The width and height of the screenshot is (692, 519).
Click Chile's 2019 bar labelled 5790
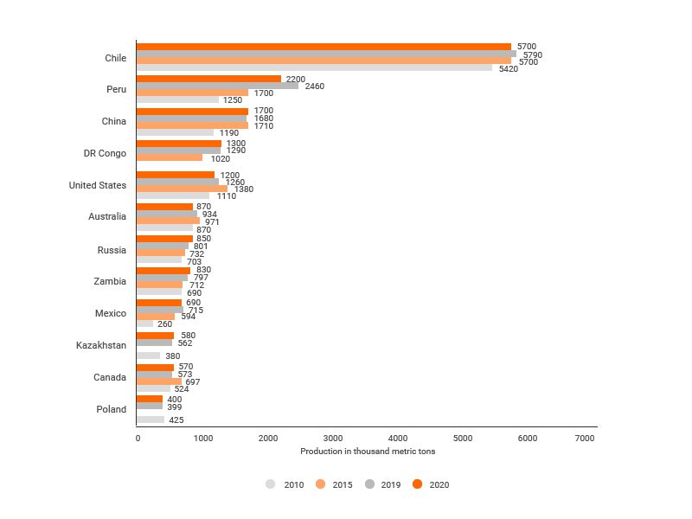coord(326,54)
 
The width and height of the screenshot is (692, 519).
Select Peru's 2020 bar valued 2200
coord(208,78)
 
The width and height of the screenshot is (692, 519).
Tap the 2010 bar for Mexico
coord(144,324)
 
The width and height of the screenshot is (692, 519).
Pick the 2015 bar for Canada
coord(159,381)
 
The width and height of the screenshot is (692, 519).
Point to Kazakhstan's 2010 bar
coord(148,356)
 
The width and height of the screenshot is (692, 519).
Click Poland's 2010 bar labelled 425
coord(151,420)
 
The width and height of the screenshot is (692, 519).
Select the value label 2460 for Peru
coord(313,86)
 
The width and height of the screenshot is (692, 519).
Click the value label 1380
coord(244,189)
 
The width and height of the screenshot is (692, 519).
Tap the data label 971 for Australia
coord(213,221)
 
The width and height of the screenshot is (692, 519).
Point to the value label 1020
coord(221,158)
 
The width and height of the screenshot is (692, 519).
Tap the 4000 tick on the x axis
coord(398,439)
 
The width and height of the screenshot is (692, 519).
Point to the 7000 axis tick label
coord(584,439)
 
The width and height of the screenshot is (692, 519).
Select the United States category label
coord(98,185)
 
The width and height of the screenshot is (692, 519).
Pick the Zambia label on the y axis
coord(110,281)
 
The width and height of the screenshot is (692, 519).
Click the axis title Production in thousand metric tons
coord(368,452)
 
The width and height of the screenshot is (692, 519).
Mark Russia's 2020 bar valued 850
coord(164,239)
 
